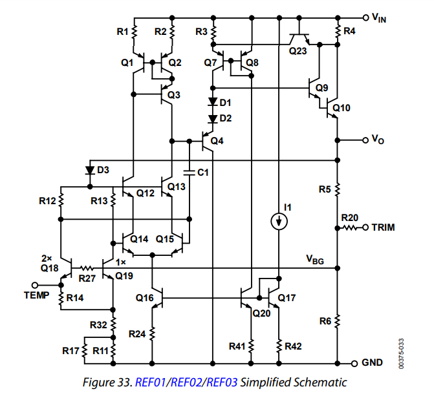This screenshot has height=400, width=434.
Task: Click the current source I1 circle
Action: pos(279,221)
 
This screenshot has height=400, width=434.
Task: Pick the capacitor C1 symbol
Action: pos(190,173)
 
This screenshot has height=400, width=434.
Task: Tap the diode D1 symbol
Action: pos(213,102)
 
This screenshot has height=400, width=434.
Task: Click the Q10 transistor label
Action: pos(341,108)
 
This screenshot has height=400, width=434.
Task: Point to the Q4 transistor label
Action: pos(217,141)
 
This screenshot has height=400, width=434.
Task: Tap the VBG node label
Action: pos(315,260)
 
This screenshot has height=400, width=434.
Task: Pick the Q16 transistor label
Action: pos(145,298)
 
